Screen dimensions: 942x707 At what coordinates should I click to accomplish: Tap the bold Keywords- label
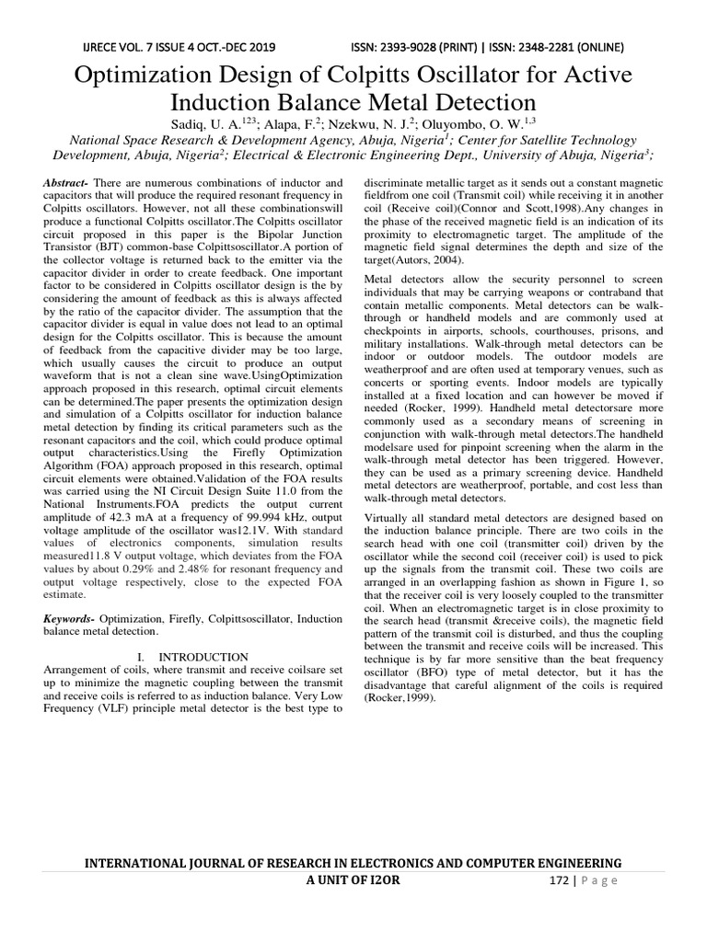click(x=69, y=619)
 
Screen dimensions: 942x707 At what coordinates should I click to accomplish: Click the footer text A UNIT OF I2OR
click(x=353, y=880)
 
